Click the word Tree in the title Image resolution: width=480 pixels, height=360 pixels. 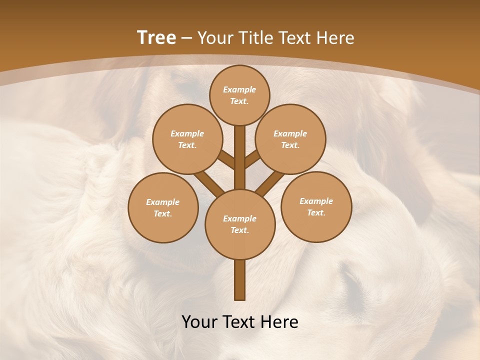[x=156, y=37]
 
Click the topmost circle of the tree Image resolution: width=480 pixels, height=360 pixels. [x=239, y=95]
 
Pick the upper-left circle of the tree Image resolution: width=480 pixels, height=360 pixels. [x=187, y=139]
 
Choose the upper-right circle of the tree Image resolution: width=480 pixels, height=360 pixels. [x=290, y=139]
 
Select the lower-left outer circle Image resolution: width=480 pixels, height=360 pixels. [x=163, y=207]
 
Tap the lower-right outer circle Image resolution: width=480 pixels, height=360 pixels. [x=316, y=206]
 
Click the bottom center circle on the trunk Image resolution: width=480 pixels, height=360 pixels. [x=240, y=224]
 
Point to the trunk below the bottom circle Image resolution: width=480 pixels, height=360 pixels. [x=240, y=279]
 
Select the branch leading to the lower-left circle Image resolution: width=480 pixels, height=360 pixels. [x=209, y=183]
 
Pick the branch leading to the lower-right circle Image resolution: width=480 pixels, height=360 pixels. [x=270, y=183]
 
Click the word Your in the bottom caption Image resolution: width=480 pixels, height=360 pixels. [x=199, y=322]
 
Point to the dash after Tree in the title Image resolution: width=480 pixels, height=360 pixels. [x=187, y=38]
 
